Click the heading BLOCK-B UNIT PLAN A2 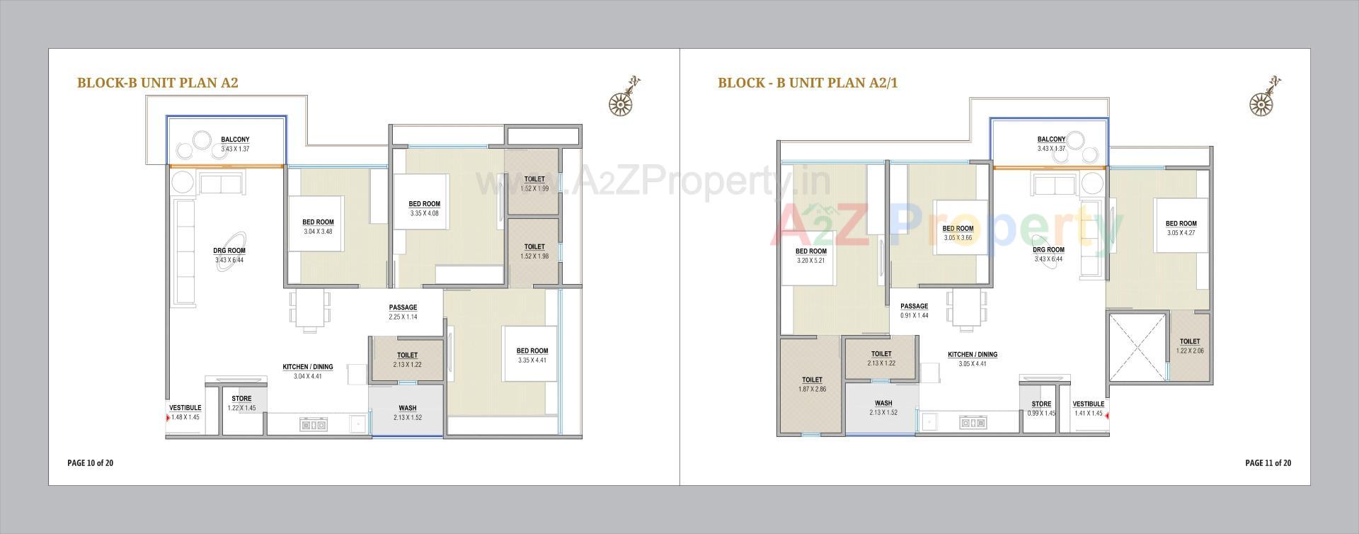coord(157,83)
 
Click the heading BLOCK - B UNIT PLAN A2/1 coord(808,83)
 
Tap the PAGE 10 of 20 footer coord(90,463)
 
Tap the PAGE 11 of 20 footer coord(1268,463)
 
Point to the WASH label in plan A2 coord(407,412)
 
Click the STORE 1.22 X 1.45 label coord(241,403)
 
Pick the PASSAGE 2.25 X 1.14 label coord(403,312)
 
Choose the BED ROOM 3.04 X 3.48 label coord(318,227)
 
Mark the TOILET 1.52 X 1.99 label coord(534,183)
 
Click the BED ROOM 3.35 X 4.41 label coord(532,355)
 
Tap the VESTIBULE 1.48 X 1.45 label coord(185,412)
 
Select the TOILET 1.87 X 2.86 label coord(812,385)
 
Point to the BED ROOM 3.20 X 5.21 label coord(810,256)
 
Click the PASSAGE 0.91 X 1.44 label coord(914,310)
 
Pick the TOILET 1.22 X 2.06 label coord(1190,346)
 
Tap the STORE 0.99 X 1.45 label coord(1041,408)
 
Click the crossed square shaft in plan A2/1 coord(1137,346)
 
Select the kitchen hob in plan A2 coord(313,424)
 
